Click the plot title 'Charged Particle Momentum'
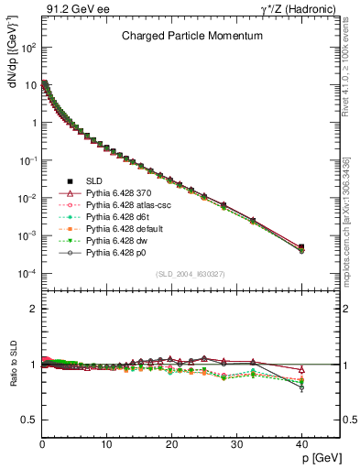(x=192, y=36)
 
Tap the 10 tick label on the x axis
(x=106, y=445)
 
